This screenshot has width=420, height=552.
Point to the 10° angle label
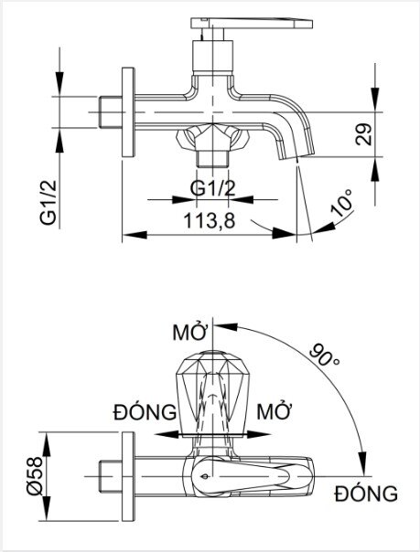click(342, 204)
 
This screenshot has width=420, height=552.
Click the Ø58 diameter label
click(58, 475)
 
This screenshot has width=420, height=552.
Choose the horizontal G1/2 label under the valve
click(210, 189)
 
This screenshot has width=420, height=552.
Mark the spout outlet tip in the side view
click(300, 157)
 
